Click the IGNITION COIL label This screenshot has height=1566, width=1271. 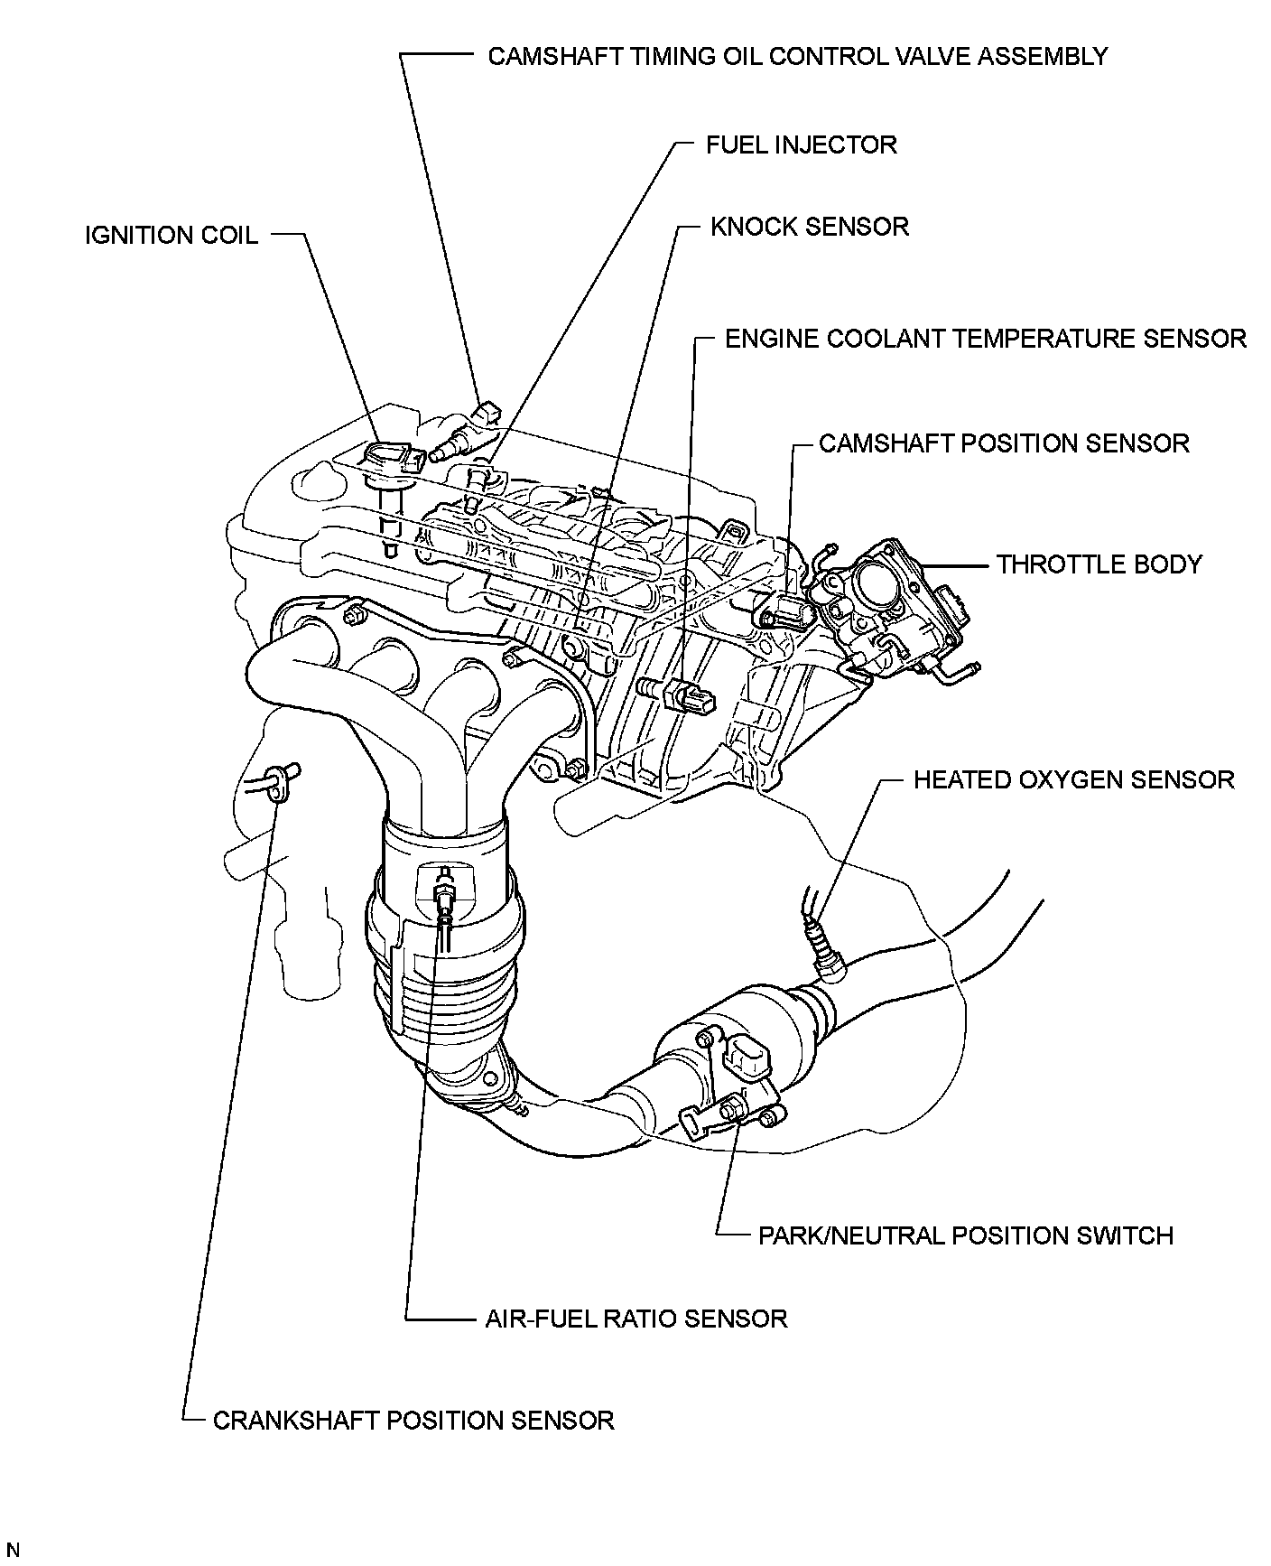[172, 236]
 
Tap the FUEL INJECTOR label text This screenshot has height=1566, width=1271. [801, 144]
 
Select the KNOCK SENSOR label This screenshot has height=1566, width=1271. [809, 226]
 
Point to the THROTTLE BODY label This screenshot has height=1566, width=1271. [1099, 564]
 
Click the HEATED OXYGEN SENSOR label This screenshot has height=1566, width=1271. [1073, 779]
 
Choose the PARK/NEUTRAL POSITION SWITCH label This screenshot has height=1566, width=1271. [965, 1235]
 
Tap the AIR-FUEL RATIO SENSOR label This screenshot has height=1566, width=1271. [635, 1319]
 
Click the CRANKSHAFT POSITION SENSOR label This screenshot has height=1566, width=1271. [413, 1421]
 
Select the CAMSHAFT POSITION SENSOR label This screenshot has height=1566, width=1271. [1004, 443]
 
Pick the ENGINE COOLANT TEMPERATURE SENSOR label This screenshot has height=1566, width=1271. [986, 339]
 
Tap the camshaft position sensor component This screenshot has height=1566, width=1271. [784, 612]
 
